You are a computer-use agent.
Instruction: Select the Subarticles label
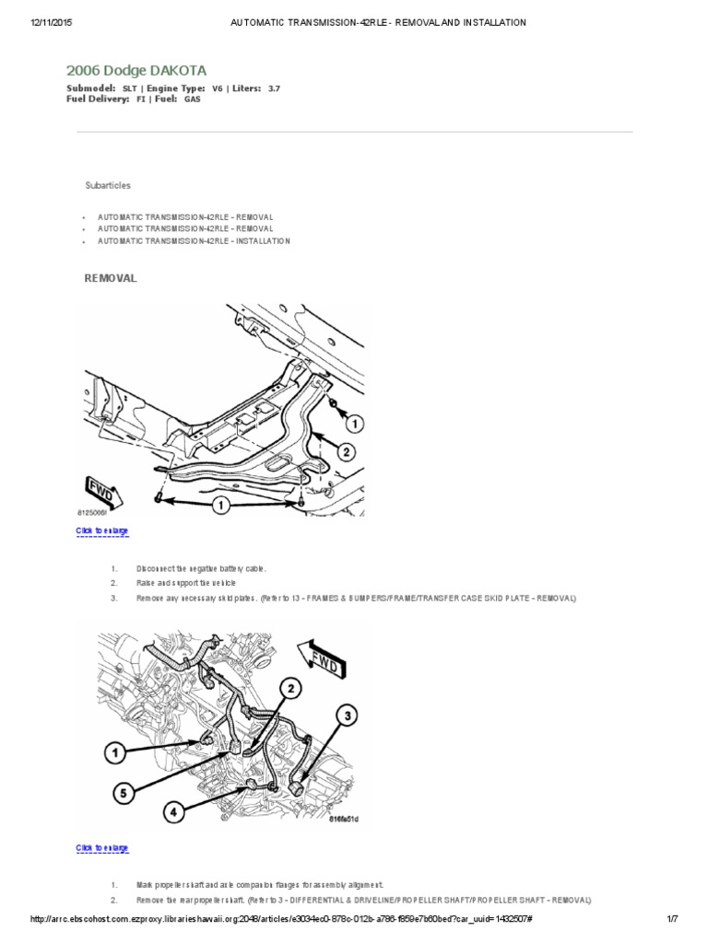tap(108, 185)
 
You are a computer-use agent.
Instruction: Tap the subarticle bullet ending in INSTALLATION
tap(194, 240)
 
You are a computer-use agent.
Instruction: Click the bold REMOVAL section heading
tap(111, 278)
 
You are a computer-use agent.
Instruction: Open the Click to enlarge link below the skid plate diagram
tap(101, 531)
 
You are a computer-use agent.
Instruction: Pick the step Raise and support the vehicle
tap(185, 583)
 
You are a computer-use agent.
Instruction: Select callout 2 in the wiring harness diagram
tap(289, 688)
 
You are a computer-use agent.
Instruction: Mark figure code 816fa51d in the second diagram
tap(344, 818)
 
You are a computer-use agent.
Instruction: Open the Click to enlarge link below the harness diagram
tap(101, 847)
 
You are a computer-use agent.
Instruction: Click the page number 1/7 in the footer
tap(672, 919)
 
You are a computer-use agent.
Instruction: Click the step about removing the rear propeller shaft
tap(363, 899)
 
